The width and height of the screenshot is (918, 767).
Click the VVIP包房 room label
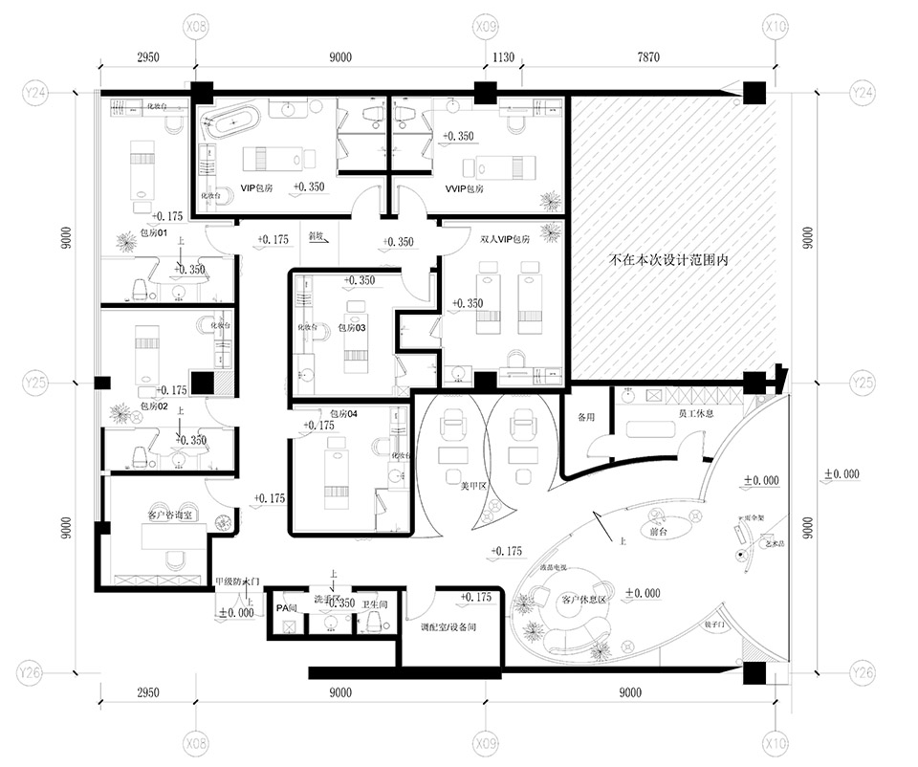464,189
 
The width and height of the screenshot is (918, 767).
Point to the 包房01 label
154,232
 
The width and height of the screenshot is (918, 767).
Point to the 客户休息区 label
584,601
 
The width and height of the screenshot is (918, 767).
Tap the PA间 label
286,607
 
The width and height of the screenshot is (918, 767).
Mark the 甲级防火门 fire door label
236,581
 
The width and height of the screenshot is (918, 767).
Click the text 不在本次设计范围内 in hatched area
669,259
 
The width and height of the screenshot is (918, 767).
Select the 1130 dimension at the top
503,57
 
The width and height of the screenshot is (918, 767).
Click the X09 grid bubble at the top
485,28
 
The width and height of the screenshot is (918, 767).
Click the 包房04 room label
342,414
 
